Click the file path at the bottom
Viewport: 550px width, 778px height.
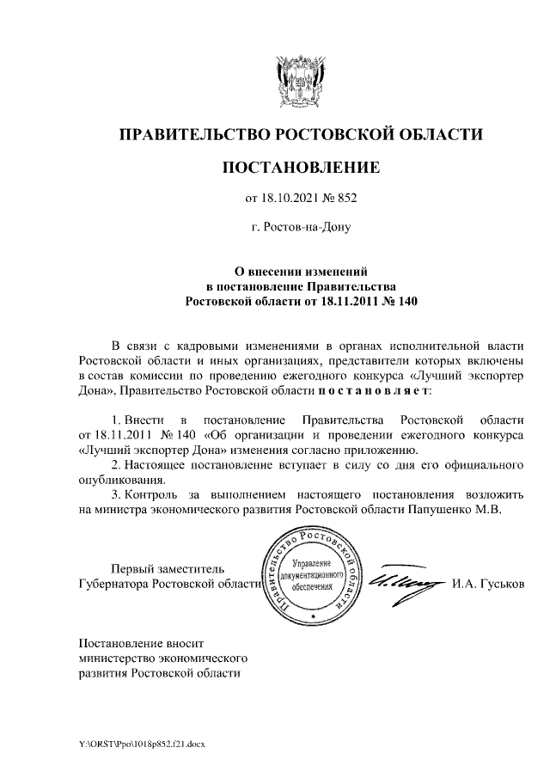[x=143, y=741]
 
